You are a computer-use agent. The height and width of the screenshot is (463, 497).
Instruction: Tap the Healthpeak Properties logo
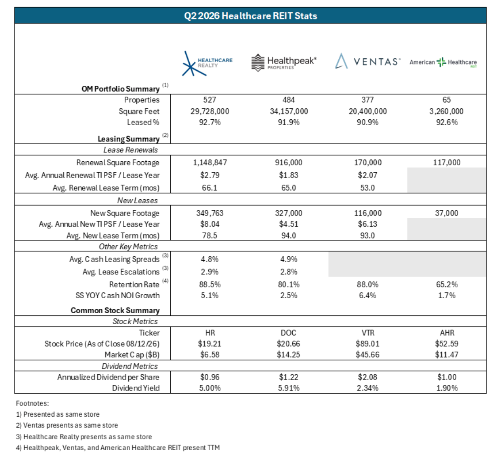pos(284,62)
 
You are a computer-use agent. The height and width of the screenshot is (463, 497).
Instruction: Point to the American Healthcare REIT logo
pos(443,62)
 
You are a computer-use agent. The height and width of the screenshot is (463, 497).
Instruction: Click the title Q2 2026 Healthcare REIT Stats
pos(250,16)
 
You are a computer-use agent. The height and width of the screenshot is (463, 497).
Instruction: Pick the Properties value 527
pos(210,100)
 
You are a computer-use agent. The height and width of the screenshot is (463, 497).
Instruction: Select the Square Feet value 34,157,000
pos(289,111)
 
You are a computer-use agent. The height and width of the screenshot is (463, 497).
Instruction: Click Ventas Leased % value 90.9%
pos(368,122)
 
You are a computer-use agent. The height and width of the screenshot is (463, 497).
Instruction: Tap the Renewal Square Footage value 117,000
pos(447,163)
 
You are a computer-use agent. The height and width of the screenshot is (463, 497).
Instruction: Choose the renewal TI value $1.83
pos(289,175)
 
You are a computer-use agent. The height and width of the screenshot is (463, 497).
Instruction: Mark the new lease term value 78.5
pos(210,235)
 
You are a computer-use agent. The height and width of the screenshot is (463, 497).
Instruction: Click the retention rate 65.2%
pos(447,285)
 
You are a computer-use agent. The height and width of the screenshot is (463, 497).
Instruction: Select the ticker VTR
pos(368,333)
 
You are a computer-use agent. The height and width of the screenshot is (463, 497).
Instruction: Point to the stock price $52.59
pos(447,344)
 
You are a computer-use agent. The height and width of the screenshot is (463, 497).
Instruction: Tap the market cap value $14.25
pos(288,355)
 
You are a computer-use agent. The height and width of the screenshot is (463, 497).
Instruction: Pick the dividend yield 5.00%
pos(210,388)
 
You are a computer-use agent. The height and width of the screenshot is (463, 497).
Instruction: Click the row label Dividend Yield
pos(136,388)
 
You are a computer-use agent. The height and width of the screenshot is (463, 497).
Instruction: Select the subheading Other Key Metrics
pos(128,247)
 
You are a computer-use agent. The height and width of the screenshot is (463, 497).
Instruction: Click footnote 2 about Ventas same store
pos(67,425)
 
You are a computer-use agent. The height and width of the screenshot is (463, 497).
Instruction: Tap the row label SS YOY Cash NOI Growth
pos(118,295)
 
